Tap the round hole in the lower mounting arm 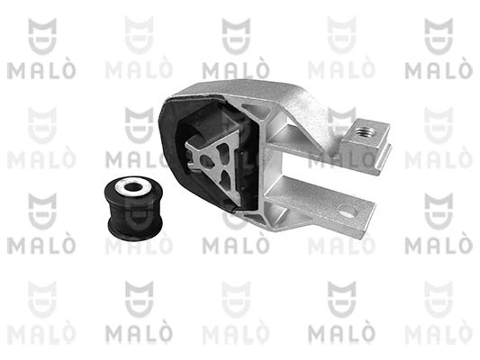pos(348,211)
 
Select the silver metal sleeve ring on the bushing pos(133,187)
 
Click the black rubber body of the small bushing pos(133,210)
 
